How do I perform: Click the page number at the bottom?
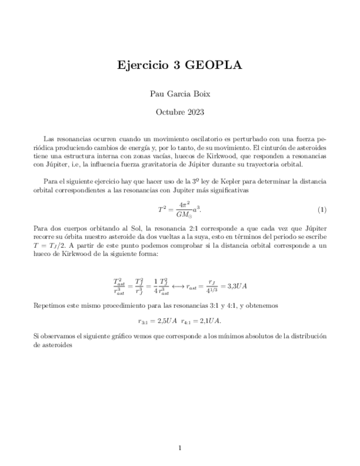point(180,448)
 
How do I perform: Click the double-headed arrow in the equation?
point(176,286)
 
